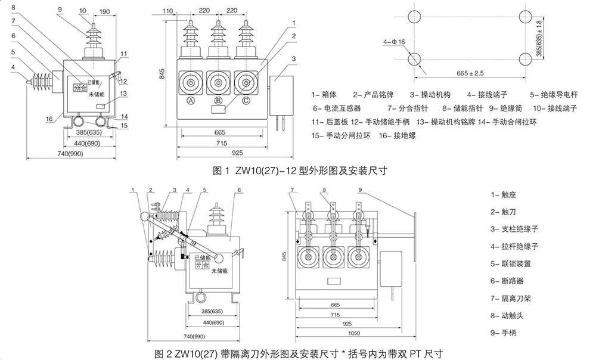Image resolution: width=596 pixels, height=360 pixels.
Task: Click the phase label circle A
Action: click(x=191, y=101)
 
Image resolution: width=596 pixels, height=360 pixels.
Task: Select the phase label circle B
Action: click(x=218, y=101)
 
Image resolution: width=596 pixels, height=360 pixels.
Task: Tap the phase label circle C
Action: click(x=245, y=101)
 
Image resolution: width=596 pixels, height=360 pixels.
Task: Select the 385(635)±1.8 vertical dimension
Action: click(x=539, y=37)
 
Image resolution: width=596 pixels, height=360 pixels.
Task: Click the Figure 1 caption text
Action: click(x=300, y=170)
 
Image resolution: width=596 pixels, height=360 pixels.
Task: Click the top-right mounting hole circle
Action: click(x=525, y=17)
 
